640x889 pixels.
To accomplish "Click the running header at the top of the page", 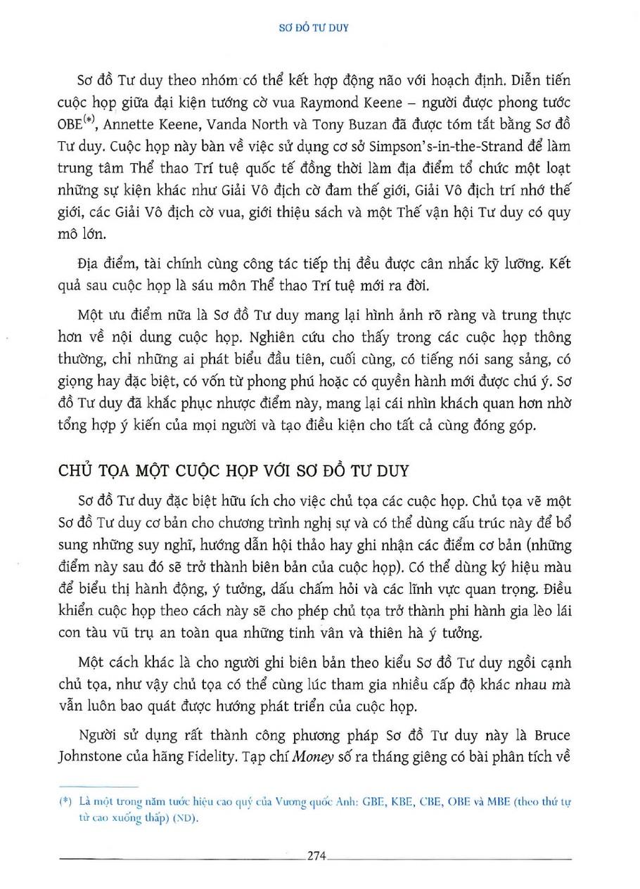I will click(320, 29).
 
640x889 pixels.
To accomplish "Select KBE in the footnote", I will click(404, 803).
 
